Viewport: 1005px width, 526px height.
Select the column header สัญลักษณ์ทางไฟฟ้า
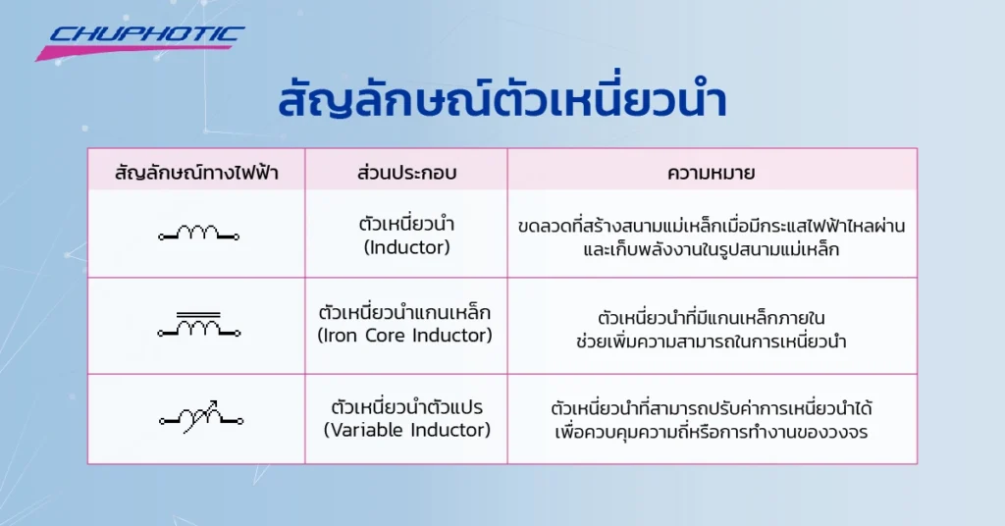coord(196,174)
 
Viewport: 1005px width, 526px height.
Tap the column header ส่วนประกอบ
coord(406,174)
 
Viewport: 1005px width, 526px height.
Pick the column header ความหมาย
coord(711,174)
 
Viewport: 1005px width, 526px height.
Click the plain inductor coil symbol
coord(198,234)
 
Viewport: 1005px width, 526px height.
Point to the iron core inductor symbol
coord(198,327)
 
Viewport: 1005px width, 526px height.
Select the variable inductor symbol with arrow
coord(198,418)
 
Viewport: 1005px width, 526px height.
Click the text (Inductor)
coord(406,247)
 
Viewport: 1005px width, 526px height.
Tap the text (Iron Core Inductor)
coord(406,336)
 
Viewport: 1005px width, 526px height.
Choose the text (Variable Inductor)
coord(406,430)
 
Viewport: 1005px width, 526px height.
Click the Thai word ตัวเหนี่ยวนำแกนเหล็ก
coord(406,314)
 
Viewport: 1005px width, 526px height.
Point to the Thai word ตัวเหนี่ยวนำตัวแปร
coord(406,406)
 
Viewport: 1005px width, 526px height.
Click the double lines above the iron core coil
coord(198,314)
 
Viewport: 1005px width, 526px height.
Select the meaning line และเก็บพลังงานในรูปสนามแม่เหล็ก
coord(711,249)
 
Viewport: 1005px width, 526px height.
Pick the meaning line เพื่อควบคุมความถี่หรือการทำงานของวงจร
coord(711,432)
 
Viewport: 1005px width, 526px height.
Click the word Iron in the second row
coord(342,336)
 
